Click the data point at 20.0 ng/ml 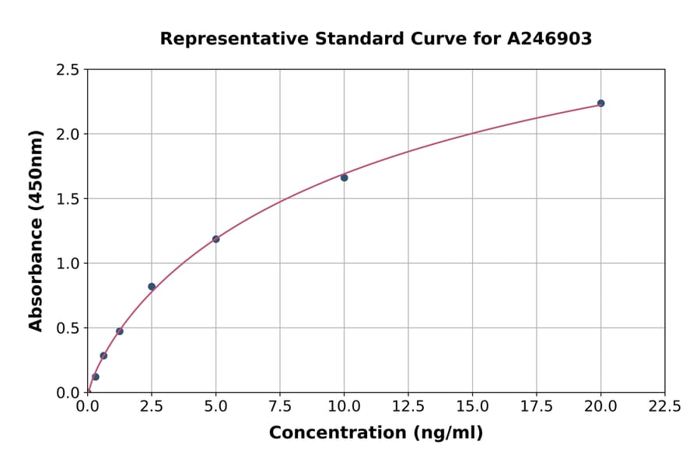[600, 103]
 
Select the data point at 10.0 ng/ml [345, 177]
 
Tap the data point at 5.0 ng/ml [216, 239]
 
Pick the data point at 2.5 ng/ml [152, 286]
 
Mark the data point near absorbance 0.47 [120, 331]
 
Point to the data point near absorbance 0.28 [103, 355]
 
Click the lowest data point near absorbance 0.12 [96, 376]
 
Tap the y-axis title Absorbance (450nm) [36, 230]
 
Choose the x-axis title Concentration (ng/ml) [376, 433]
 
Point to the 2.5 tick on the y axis [68, 70]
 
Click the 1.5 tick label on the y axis [68, 199]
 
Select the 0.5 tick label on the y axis [68, 328]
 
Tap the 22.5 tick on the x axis [665, 406]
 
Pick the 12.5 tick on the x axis [408, 406]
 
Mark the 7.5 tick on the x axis [280, 406]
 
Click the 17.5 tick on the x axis [537, 406]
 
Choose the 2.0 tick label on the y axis [68, 135]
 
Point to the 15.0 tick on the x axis [473, 406]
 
